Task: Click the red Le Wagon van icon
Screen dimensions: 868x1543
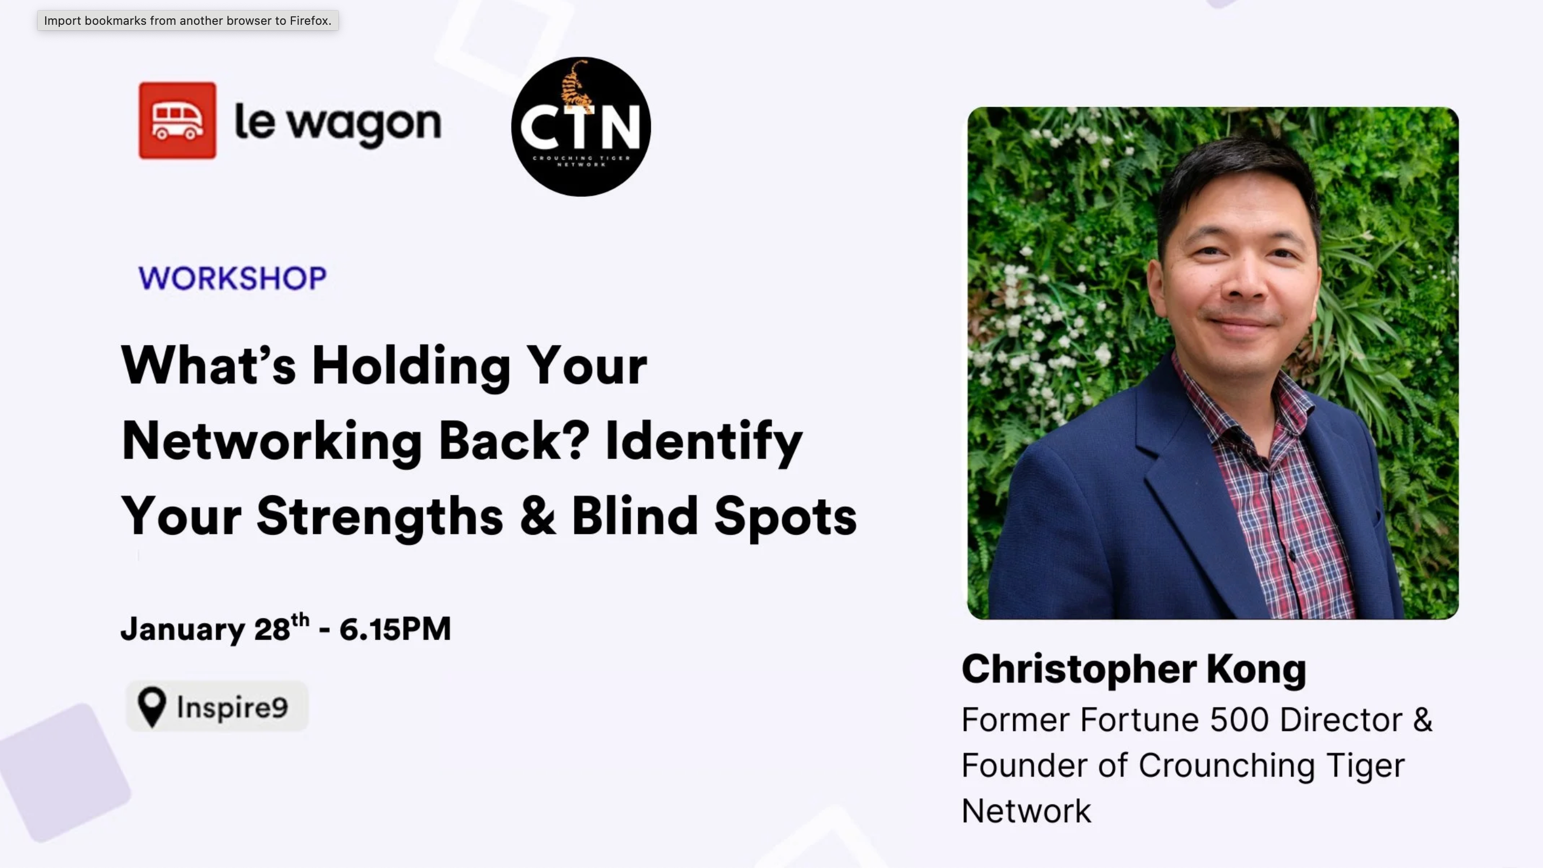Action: click(x=177, y=120)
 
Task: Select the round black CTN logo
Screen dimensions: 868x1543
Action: click(x=580, y=127)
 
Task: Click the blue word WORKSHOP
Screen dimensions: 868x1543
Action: click(x=232, y=278)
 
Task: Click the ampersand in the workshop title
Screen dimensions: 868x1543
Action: click(x=537, y=516)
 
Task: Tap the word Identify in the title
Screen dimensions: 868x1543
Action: click(x=704, y=441)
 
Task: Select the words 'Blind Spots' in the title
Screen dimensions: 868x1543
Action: click(x=714, y=516)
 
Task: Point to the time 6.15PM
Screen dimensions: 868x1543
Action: click(x=395, y=629)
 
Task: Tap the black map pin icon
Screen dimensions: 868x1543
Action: click(x=151, y=707)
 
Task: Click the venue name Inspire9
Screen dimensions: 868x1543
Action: click(x=232, y=708)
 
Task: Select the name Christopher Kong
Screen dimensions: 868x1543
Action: click(x=1134, y=669)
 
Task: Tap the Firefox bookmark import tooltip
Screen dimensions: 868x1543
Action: click(x=187, y=21)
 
